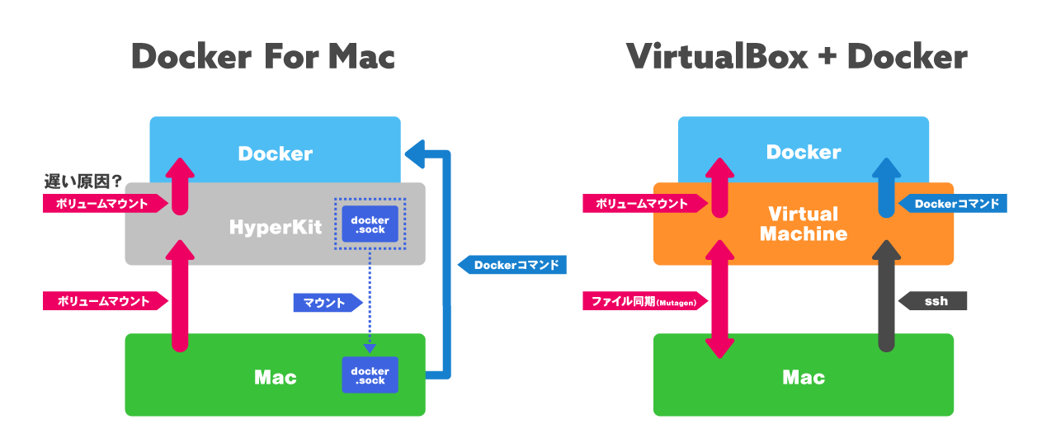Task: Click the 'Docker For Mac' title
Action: click(x=263, y=57)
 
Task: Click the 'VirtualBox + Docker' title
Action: click(x=796, y=57)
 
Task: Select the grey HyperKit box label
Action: click(x=275, y=227)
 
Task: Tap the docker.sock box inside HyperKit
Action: click(x=370, y=224)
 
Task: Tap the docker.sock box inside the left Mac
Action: click(x=370, y=375)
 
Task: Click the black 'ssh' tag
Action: click(x=932, y=301)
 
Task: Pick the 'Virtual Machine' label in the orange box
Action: click(x=803, y=224)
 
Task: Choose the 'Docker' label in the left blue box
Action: click(x=275, y=153)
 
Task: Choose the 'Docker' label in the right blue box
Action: click(x=803, y=152)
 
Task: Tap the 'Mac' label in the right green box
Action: click(x=803, y=378)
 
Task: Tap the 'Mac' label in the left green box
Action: click(x=275, y=378)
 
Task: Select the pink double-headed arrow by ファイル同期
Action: click(x=720, y=299)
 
